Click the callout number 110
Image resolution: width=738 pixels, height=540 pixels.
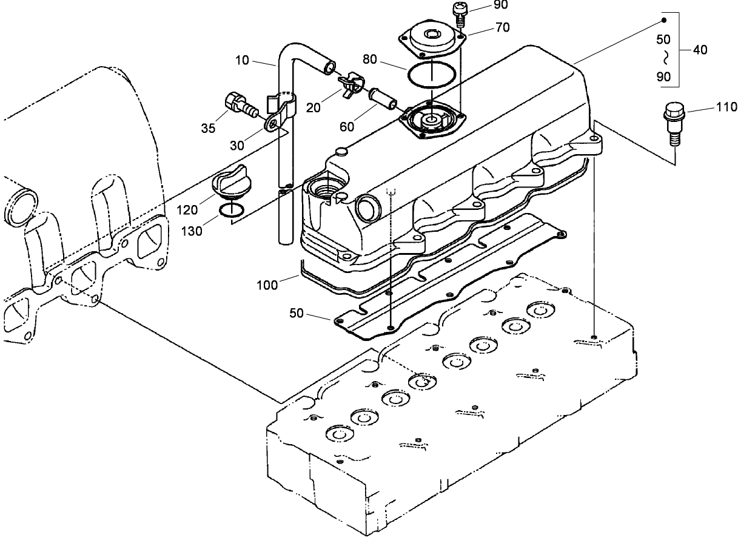[x=726, y=107]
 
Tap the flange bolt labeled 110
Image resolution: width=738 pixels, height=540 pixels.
[x=674, y=124]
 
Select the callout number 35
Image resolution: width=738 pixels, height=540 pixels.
[x=208, y=128]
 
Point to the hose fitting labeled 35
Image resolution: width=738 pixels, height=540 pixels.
[x=241, y=104]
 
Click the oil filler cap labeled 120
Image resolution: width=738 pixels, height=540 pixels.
[x=229, y=181]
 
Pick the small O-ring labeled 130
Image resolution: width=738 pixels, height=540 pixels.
[x=232, y=211]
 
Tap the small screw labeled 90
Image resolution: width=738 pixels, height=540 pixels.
[x=459, y=13]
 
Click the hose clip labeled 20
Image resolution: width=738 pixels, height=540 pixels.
[x=352, y=84]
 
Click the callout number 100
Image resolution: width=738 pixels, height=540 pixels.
[x=267, y=285]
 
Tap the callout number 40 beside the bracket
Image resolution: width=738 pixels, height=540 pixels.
[x=700, y=50]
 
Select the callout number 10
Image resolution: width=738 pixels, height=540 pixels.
[x=242, y=60]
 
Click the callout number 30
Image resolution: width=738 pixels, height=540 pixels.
[x=237, y=146]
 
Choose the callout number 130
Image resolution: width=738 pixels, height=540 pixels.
[x=192, y=231]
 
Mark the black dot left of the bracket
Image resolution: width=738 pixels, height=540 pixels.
[x=664, y=21]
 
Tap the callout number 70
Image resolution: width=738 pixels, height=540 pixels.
[x=503, y=27]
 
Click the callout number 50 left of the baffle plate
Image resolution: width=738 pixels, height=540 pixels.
[x=296, y=313]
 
